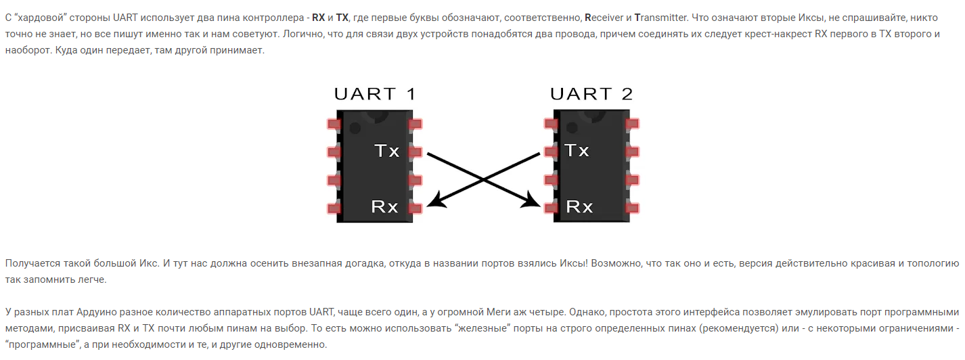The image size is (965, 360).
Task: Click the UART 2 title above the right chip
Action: [x=591, y=93]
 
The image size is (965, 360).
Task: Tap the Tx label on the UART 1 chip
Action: [x=386, y=151]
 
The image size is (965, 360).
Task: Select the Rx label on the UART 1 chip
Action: [x=384, y=207]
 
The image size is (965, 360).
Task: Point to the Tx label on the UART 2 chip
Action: [x=577, y=150]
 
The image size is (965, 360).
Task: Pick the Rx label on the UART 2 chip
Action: [x=579, y=207]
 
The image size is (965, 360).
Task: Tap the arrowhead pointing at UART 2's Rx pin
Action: [x=537, y=202]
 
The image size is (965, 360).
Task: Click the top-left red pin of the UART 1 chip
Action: [x=333, y=125]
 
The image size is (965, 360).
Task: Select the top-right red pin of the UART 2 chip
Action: [x=633, y=124]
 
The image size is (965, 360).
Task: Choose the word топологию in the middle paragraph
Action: [x=930, y=263]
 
